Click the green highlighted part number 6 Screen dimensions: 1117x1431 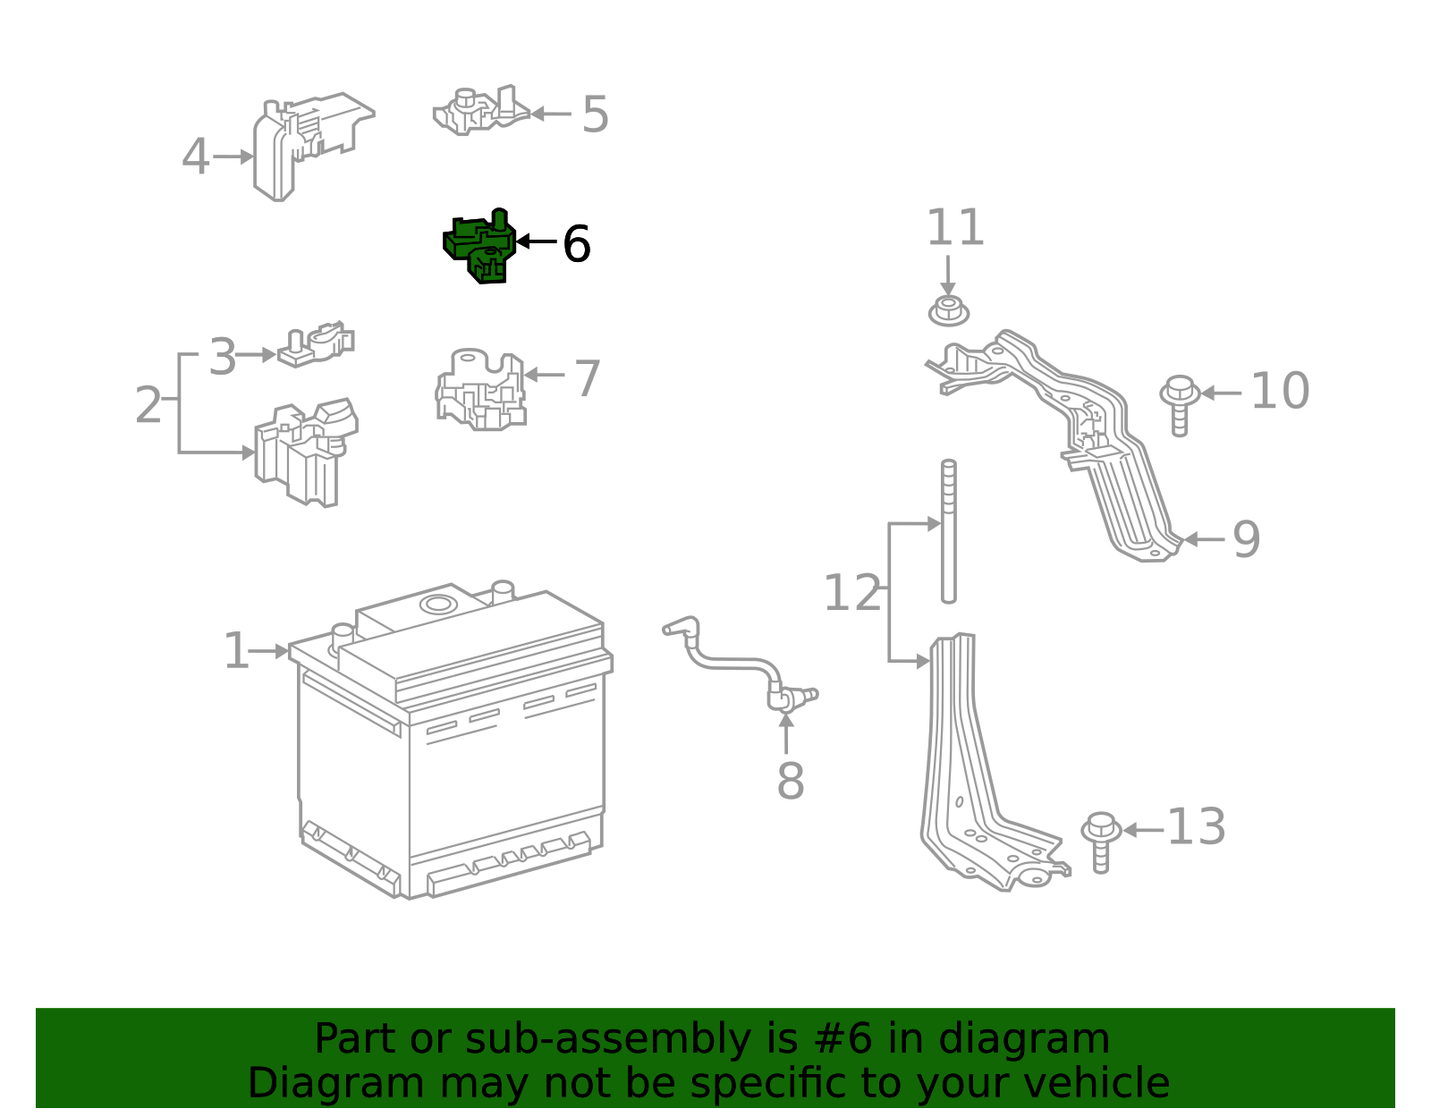(480, 247)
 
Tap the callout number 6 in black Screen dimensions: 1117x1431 (576, 244)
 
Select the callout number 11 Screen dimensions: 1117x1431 (954, 228)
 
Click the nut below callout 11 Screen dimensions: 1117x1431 (948, 310)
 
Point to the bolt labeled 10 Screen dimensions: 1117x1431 (1179, 403)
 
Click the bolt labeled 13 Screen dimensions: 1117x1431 (1100, 840)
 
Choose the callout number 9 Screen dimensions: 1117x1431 (1246, 539)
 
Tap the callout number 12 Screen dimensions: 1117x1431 (851, 593)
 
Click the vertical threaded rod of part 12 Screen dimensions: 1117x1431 (948, 531)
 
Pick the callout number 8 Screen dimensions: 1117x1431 (790, 781)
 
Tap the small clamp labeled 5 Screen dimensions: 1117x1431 (478, 112)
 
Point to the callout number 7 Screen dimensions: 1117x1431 (587, 378)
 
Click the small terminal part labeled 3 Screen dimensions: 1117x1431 (315, 345)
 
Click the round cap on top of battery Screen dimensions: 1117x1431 (438, 604)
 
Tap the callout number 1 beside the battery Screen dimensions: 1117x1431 (236, 651)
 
